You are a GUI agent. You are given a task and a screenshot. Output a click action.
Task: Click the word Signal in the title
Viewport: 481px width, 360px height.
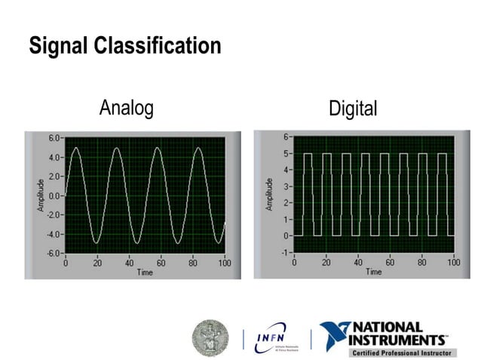pyautogui.click(x=59, y=46)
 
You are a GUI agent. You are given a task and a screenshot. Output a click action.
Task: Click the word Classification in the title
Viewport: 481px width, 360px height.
pyautogui.click(x=158, y=46)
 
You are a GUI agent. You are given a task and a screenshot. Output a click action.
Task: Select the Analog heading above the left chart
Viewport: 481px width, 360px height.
pyautogui.click(x=126, y=108)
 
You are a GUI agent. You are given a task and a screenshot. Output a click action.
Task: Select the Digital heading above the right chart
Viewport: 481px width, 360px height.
pyautogui.click(x=353, y=109)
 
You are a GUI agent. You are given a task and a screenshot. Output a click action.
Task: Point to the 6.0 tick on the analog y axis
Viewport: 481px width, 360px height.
pyautogui.click(x=54, y=139)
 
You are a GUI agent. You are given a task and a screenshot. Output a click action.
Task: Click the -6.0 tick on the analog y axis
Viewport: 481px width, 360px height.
pyautogui.click(x=53, y=253)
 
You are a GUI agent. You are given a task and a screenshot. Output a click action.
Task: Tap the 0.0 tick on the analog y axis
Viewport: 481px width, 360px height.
pyautogui.click(x=54, y=196)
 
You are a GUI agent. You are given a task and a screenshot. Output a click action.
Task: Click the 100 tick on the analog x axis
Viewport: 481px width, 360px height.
pyautogui.click(x=225, y=263)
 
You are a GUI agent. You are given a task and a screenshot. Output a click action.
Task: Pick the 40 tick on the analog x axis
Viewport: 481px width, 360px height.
pyautogui.click(x=129, y=263)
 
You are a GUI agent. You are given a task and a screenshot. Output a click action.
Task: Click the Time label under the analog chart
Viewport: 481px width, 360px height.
pyautogui.click(x=145, y=272)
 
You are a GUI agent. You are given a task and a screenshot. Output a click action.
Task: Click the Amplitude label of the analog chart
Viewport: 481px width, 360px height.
pyautogui.click(x=41, y=195)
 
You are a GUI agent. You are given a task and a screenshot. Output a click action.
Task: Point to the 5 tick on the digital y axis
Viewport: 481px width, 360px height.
pyautogui.click(x=286, y=154)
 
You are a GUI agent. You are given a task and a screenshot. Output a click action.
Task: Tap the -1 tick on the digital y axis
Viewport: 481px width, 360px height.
pyautogui.click(x=285, y=252)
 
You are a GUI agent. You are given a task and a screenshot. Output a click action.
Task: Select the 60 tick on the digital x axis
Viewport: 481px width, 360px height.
pyautogui.click(x=390, y=262)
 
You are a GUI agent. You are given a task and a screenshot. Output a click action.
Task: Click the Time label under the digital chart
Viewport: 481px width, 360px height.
pyautogui.click(x=374, y=271)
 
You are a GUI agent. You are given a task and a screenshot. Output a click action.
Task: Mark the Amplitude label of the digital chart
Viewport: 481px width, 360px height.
pyautogui.click(x=269, y=194)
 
